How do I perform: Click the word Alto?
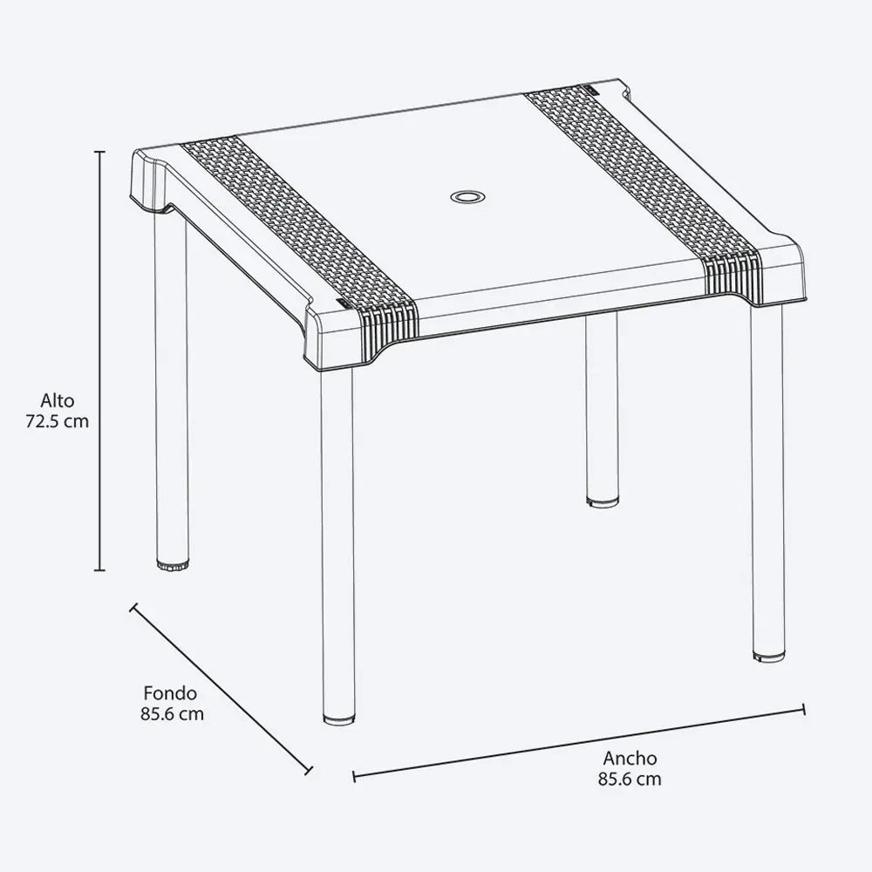click(x=58, y=401)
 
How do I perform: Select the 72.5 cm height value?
click(x=58, y=420)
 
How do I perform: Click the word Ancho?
click(x=630, y=759)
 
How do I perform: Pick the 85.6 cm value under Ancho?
click(x=630, y=779)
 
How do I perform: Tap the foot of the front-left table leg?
click(x=338, y=718)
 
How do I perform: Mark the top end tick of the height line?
click(x=100, y=152)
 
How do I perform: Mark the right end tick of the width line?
click(x=803, y=710)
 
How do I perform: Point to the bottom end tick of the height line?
click(x=100, y=571)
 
